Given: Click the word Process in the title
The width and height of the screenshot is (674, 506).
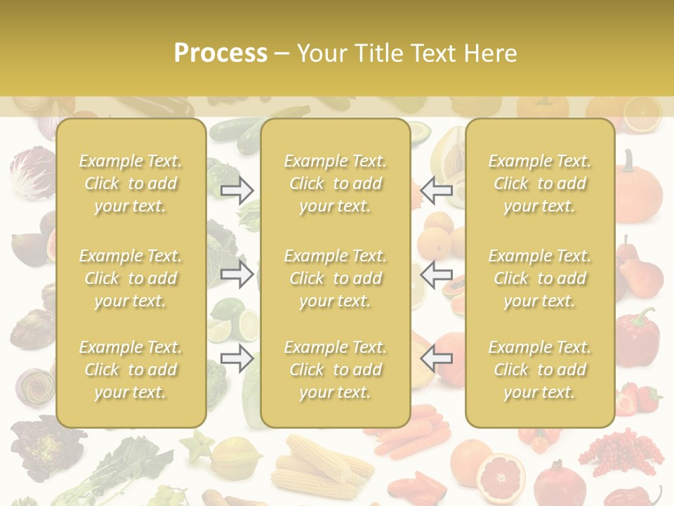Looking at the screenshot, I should coord(220,53).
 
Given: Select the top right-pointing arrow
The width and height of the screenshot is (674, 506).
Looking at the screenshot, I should coord(237,190).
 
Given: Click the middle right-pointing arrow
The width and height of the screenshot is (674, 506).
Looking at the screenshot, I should coord(237,274).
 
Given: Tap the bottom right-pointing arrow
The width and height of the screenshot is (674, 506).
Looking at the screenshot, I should coord(237,358).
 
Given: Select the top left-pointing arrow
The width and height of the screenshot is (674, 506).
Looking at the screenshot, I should coord(437,190).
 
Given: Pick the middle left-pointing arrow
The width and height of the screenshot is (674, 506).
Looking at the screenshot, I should coord(437,274).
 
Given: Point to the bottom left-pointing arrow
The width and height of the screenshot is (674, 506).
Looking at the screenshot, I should coord(437,358).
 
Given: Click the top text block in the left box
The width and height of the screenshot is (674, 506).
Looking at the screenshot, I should coord(131,183).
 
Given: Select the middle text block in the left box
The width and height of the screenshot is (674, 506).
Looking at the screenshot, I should coord(131,278).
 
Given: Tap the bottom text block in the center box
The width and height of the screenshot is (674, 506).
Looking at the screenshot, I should coord(335,370).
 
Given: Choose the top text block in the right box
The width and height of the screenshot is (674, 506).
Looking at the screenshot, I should coord(539,183).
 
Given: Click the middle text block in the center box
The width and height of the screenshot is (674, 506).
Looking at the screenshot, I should coord(335,278).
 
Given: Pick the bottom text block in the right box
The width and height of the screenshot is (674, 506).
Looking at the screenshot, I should coord(539,370).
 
